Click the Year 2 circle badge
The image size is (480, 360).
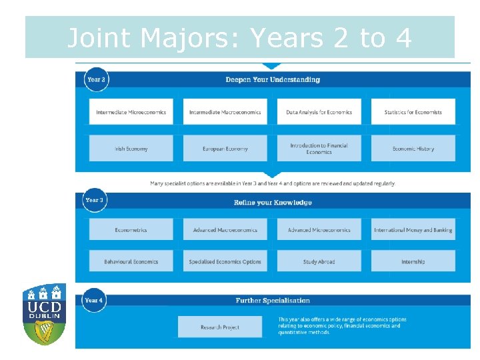click(95, 79)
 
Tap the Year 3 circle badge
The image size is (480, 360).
click(95, 200)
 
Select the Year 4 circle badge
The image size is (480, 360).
click(94, 301)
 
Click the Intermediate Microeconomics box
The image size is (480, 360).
click(131, 112)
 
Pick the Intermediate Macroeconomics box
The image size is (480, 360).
click(225, 112)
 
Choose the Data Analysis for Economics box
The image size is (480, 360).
click(319, 112)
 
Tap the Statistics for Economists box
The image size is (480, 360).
click(413, 112)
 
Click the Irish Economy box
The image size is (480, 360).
click(131, 149)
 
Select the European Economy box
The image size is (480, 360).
click(225, 149)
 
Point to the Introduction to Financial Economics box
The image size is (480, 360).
click(319, 149)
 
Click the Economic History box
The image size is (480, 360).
click(413, 149)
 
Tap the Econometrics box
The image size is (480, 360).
click(131, 230)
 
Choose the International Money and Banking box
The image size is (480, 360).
click(413, 230)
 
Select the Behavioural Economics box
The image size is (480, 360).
click(131, 261)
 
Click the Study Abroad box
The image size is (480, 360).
click(319, 261)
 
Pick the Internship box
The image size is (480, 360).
click(413, 261)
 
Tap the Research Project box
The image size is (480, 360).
click(219, 327)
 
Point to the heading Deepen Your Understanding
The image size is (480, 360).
click(273, 80)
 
